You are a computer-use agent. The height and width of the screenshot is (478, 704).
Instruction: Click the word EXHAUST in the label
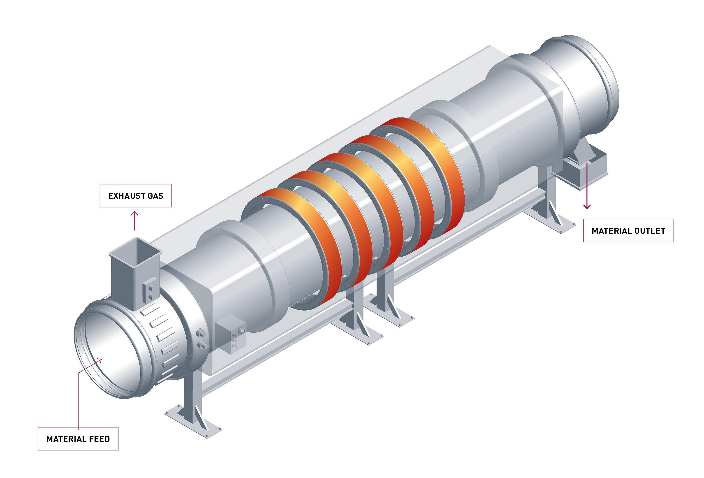tap(126, 196)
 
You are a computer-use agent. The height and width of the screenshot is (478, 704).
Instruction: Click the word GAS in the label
tap(155, 196)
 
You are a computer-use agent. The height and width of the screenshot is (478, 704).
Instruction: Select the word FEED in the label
tap(99, 439)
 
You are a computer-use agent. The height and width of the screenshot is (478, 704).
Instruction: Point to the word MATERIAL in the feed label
tap(66, 439)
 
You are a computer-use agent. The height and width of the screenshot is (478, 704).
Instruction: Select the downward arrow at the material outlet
tap(587, 186)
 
